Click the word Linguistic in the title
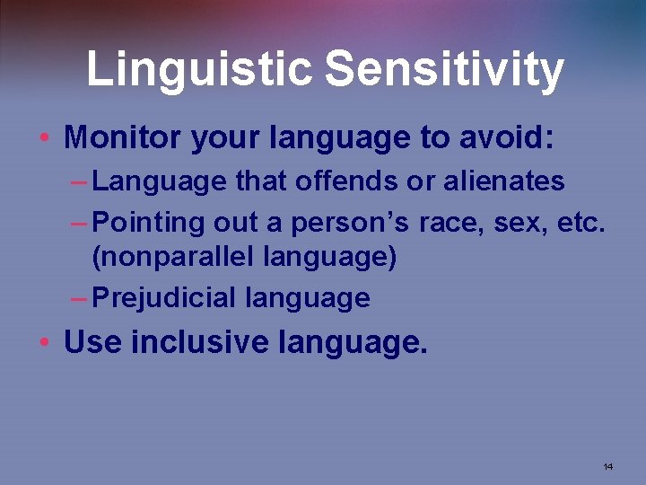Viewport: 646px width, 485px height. click(199, 69)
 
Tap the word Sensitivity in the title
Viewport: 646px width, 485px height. click(444, 69)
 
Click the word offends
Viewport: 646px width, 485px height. click(345, 181)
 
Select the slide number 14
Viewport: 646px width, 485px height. click(607, 466)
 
